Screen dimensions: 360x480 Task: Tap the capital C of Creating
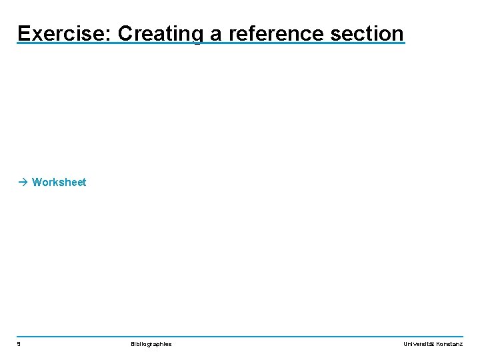click(127, 33)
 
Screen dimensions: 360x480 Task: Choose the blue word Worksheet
click(59, 182)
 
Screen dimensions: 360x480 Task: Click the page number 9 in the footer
click(19, 344)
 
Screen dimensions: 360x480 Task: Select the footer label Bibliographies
click(151, 344)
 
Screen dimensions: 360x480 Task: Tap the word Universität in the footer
click(419, 344)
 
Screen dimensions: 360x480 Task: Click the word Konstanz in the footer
click(449, 344)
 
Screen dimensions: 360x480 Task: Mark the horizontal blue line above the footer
click(240, 336)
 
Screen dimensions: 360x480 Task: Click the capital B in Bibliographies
click(133, 344)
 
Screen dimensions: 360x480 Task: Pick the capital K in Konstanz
click(438, 344)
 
